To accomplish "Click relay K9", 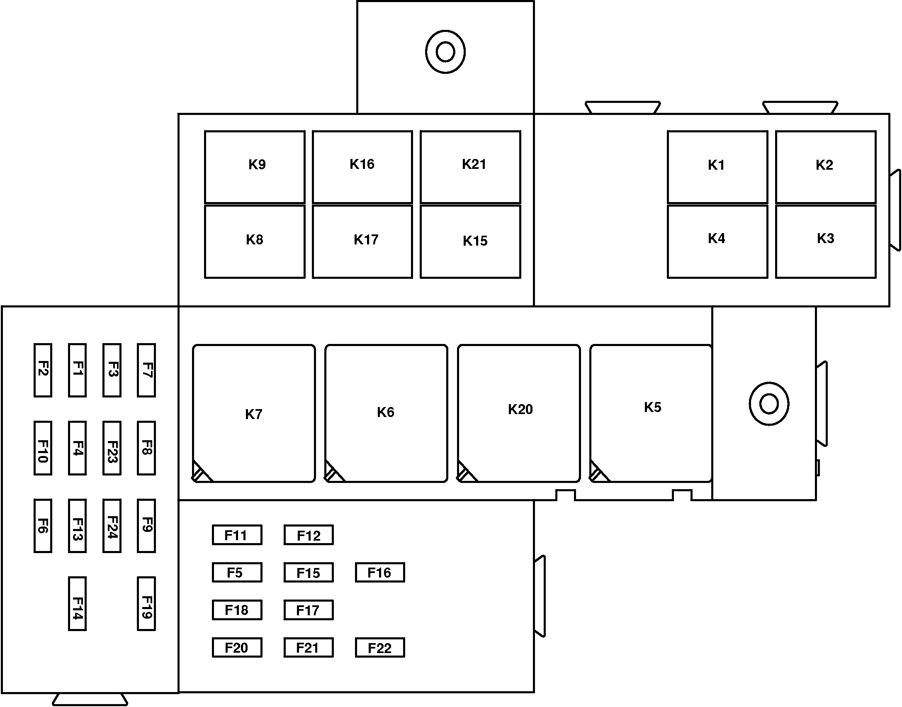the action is pos(255,167).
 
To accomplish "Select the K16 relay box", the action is pos(362,167).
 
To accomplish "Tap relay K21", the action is pos(470,167).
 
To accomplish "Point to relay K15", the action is pos(470,241).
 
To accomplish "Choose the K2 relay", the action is pos(826,167).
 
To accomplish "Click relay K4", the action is pos(717,241).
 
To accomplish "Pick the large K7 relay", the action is pos(254,413).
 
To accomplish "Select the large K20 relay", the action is pos(519,413).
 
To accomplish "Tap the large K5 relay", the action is pos(651,413).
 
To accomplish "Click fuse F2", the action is pos(43,370).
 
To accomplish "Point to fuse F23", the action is pos(112,448).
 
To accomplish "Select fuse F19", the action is pos(146,604).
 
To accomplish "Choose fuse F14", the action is pos(78,604).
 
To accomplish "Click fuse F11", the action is pos(237,535).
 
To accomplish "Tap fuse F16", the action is pos(380,573).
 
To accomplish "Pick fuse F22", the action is pos(380,648).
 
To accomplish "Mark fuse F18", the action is pos(237,610).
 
